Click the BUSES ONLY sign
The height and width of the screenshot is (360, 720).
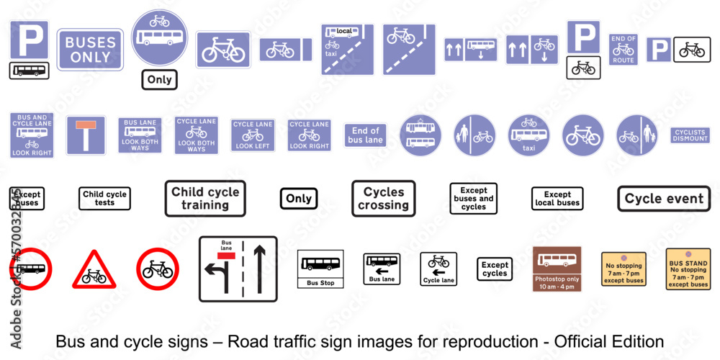click(x=90, y=49)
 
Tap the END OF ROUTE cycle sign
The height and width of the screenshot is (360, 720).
click(x=623, y=49)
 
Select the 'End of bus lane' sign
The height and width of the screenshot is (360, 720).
click(x=365, y=135)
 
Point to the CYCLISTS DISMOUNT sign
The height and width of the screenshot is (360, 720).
click(x=690, y=135)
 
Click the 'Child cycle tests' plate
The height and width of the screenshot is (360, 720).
click(x=104, y=198)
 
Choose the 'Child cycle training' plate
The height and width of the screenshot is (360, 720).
click(x=205, y=198)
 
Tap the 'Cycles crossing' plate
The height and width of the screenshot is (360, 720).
click(x=384, y=198)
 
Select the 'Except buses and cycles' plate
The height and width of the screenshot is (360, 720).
click(x=474, y=199)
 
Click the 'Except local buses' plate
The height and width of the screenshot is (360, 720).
click(x=557, y=199)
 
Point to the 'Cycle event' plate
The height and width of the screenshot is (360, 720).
click(x=664, y=199)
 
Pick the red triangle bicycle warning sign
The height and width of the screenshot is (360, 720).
click(x=93, y=270)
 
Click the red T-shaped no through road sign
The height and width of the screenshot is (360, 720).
click(x=86, y=135)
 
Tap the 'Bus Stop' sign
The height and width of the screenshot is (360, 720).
click(x=320, y=269)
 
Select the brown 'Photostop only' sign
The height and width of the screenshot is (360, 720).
click(x=557, y=269)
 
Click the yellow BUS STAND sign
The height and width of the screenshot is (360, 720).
click(x=688, y=269)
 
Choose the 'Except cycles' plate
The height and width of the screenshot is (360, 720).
click(x=495, y=269)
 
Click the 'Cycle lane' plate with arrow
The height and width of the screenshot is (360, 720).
click(x=438, y=269)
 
